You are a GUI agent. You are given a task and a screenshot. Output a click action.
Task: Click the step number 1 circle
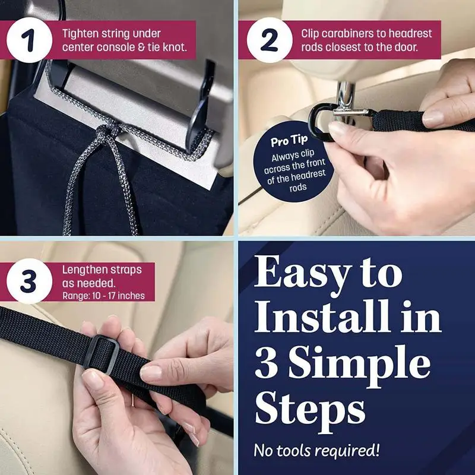click(29, 40)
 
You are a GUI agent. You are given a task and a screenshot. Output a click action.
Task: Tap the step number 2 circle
click(270, 40)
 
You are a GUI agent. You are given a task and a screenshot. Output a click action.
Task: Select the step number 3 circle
click(29, 281)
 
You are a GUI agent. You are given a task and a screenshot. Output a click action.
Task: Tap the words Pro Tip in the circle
click(289, 141)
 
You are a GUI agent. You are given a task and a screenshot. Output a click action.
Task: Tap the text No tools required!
click(316, 450)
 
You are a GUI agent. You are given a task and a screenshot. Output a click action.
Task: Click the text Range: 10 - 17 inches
click(103, 296)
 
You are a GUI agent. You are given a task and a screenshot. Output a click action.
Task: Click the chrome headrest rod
click(346, 100)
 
